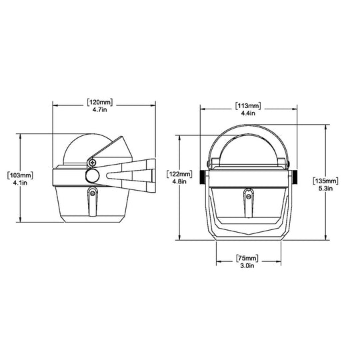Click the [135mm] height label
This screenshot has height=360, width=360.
pos(326,180)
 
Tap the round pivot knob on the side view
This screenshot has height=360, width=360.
pos(93,176)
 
